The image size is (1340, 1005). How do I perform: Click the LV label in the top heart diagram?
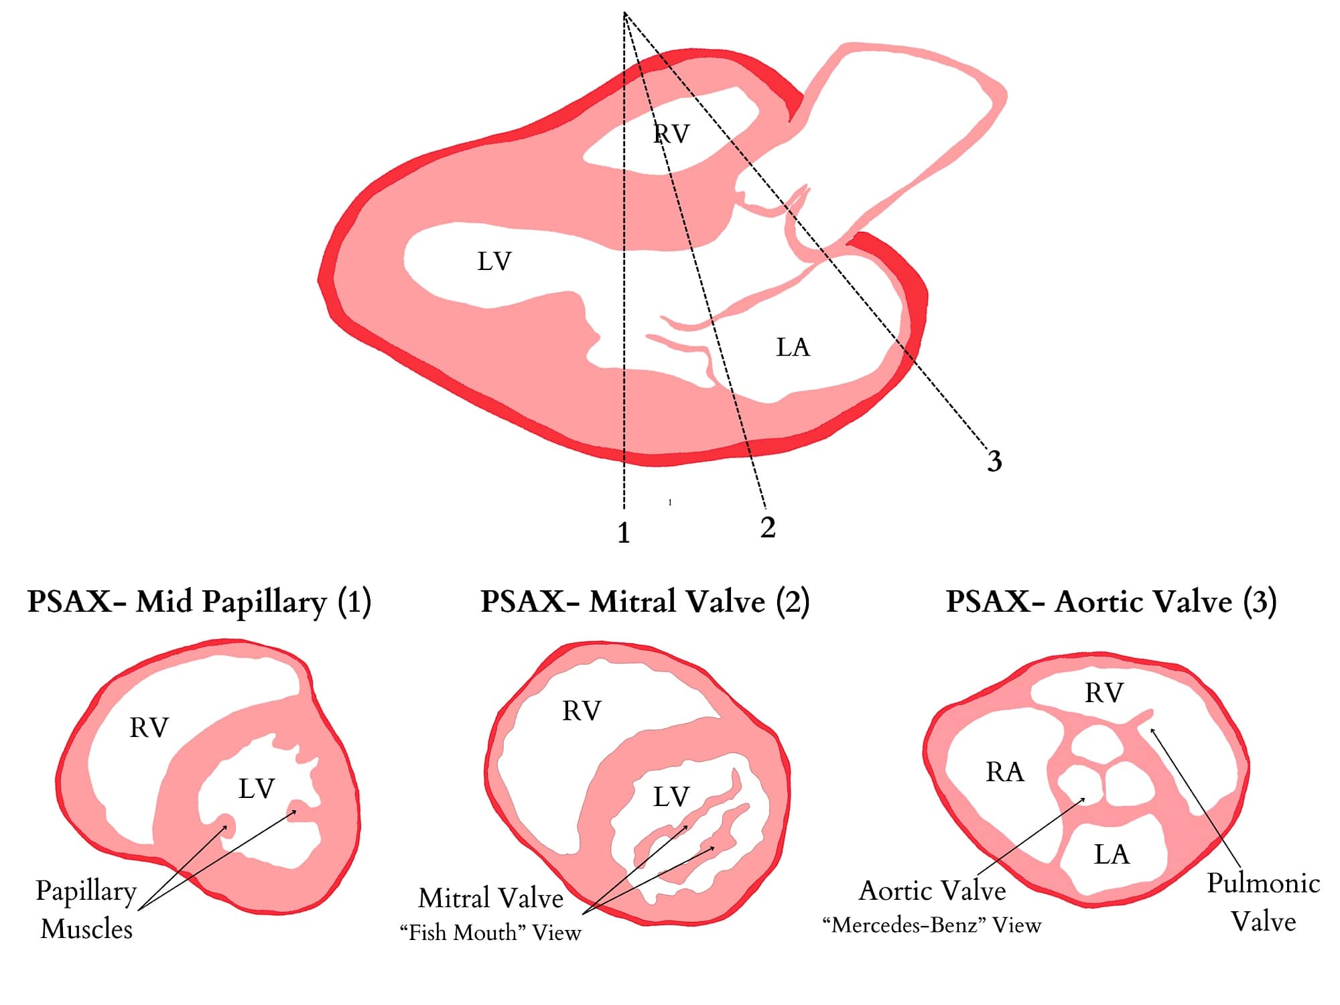coord(494,261)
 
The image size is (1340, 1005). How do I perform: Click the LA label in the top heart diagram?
coord(793,347)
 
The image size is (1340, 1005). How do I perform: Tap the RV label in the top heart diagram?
coord(671,134)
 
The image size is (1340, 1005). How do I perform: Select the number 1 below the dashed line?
coord(624,533)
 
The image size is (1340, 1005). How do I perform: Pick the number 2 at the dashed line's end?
coord(768,527)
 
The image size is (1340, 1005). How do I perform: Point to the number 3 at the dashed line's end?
coord(994,461)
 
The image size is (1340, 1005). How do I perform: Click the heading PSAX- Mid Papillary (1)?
coord(199,602)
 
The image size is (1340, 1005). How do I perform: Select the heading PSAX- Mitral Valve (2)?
coord(645,602)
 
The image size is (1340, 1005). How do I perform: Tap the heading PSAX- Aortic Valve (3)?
coord(1111,602)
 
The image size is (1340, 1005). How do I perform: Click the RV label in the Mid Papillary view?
coord(149,728)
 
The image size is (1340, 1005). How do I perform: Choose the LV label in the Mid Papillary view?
coord(257,789)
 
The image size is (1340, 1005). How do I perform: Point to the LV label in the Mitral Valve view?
coord(671,797)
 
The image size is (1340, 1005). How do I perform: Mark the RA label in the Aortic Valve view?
coord(1005,772)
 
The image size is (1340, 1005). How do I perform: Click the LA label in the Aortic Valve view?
coord(1112,854)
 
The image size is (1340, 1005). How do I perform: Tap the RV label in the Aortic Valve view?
coord(1103,693)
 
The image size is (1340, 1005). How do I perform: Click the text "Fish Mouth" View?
coord(490,932)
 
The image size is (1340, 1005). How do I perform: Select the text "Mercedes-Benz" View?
coord(932,925)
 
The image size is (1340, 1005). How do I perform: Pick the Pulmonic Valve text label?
coord(1263,902)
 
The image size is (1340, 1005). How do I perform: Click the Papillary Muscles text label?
coord(86,909)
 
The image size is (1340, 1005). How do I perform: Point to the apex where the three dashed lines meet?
coord(624,13)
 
